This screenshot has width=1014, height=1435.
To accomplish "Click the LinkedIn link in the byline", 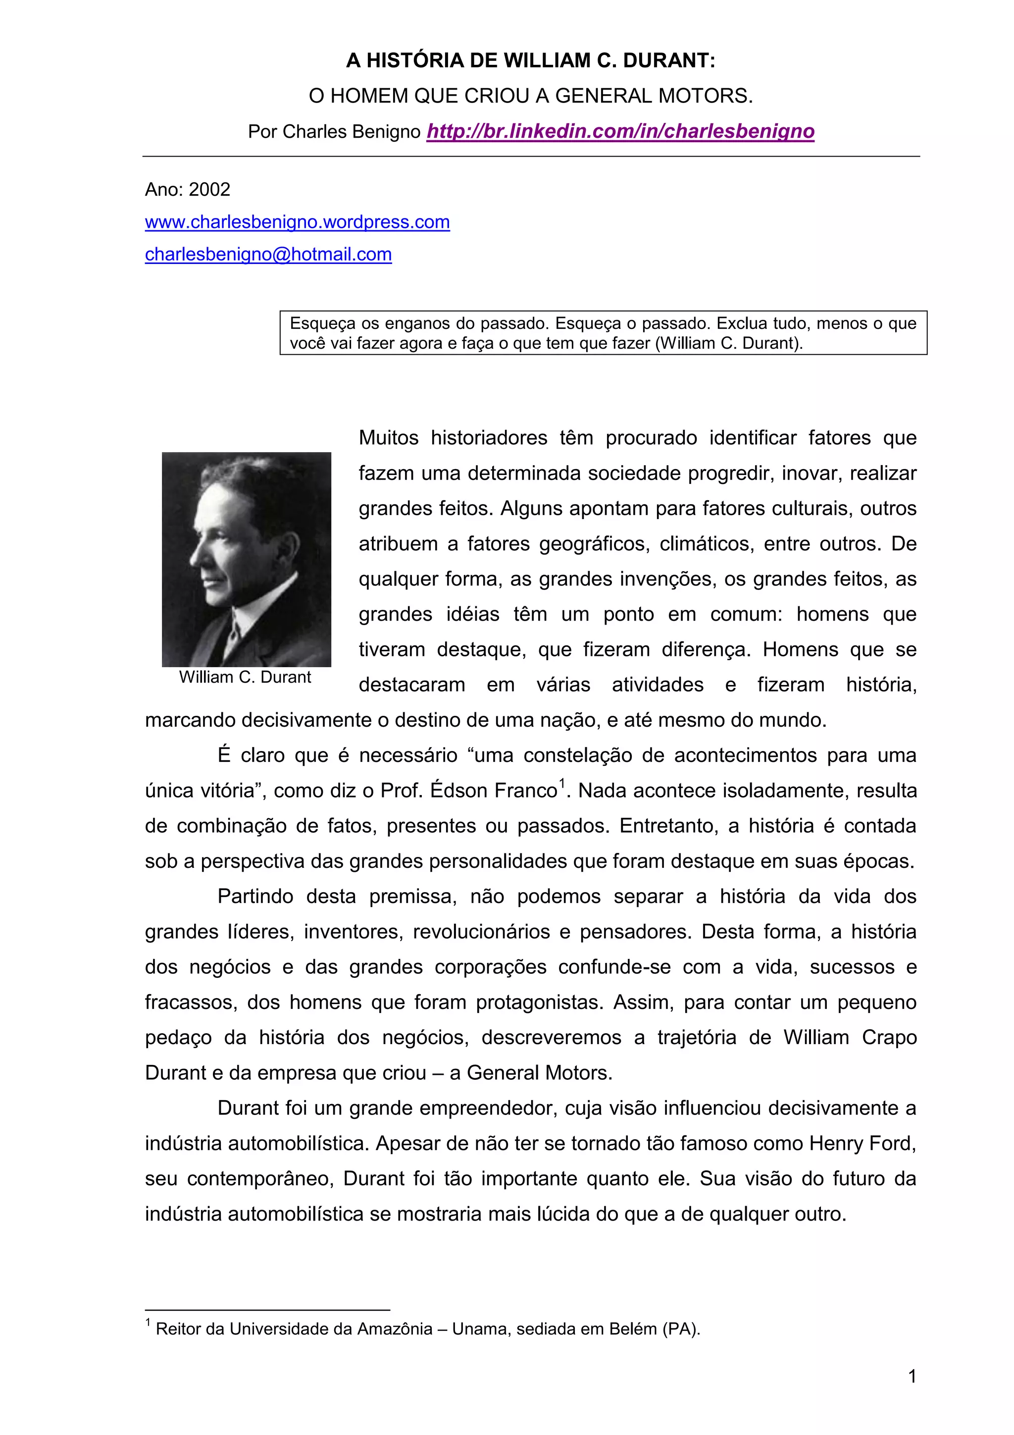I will point(620,131).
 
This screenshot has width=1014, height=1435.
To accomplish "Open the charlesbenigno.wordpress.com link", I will point(298,222).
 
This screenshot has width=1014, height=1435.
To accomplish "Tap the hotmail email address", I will point(268,255).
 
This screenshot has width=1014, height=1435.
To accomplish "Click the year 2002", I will point(209,189).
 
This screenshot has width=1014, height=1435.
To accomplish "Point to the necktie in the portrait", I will point(233,638).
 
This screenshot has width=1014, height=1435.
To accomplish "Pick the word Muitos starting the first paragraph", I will point(388,438).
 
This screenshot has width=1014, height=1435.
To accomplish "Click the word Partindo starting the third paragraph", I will point(255,896).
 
